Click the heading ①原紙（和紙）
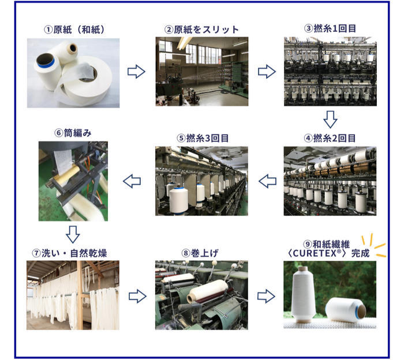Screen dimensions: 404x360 (x=74, y=29)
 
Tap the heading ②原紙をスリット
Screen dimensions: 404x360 (x=202, y=29)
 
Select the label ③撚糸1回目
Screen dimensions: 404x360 (x=330, y=28)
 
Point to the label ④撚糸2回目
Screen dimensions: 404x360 (x=330, y=138)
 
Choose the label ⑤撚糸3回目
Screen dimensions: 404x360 (x=203, y=138)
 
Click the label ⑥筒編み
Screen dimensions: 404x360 (x=73, y=133)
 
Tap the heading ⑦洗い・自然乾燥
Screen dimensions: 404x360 (x=69, y=253)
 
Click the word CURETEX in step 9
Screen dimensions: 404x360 (x=315, y=253)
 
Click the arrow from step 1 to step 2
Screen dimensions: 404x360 (x=136, y=72)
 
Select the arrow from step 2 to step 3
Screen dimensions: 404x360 (x=267, y=72)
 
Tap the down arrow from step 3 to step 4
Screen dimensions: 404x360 (x=330, y=119)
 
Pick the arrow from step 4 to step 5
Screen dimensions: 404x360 (x=267, y=181)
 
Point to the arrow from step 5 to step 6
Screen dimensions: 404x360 (x=132, y=181)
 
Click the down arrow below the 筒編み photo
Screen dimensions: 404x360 (x=73, y=235)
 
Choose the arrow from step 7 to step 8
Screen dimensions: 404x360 (x=137, y=296)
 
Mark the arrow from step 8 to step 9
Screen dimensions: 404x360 (x=266, y=296)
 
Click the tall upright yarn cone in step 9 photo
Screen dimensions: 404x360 (x=304, y=294)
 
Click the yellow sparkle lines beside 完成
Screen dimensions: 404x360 (x=375, y=245)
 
